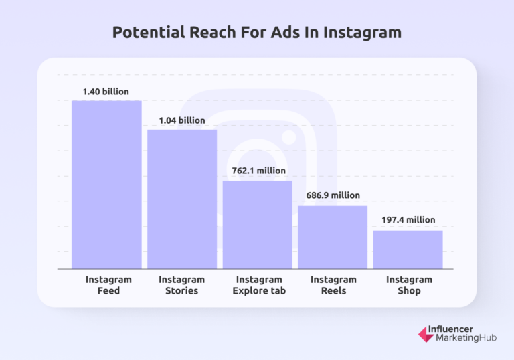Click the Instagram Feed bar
[x=107, y=185]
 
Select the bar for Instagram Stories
[x=182, y=199]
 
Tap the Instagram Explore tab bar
[x=258, y=225]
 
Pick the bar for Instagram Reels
[x=333, y=237]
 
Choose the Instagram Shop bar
[x=408, y=250]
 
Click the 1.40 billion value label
[x=106, y=92]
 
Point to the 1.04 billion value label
[x=182, y=120]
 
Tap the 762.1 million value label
[x=258, y=171]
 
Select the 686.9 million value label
[x=333, y=196]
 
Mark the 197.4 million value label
[x=408, y=220]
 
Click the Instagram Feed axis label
[x=108, y=285]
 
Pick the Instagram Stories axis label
[x=181, y=285]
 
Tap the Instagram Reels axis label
[x=333, y=285]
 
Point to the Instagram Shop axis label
[x=409, y=285]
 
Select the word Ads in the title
[x=294, y=33]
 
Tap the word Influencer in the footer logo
[x=458, y=329]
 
